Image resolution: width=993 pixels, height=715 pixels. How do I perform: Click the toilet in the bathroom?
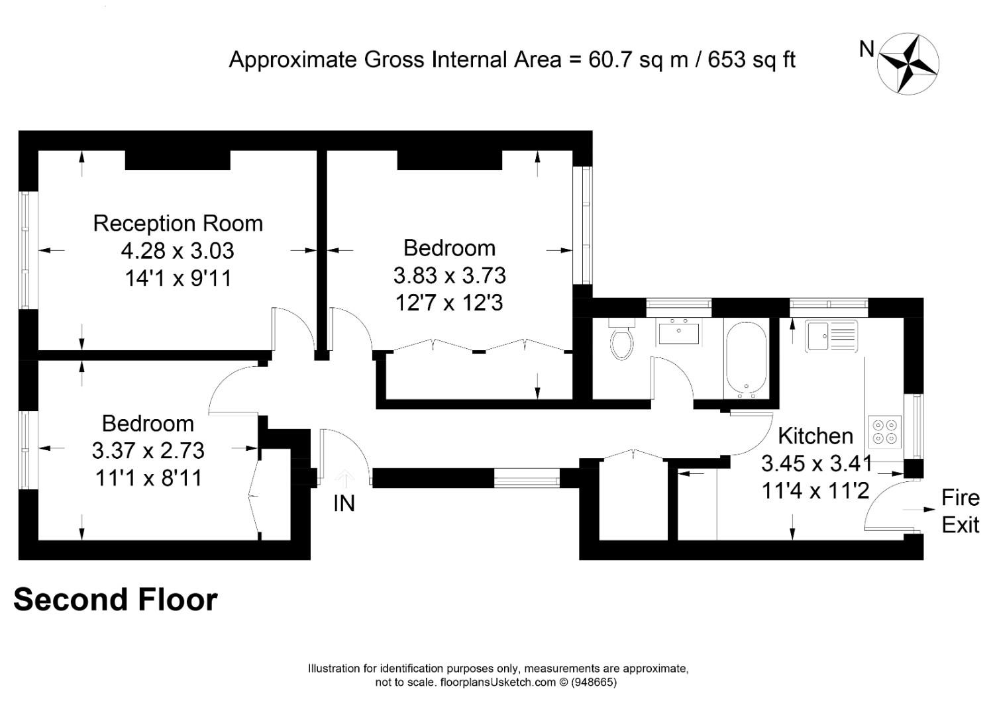[x=622, y=338]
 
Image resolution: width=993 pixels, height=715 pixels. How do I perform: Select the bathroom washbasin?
[x=678, y=331]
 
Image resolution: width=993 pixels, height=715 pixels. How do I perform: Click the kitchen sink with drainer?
[x=831, y=336]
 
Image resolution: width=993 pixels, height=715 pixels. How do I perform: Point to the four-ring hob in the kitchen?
[x=885, y=432]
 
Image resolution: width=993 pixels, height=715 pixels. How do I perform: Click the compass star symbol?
[x=908, y=64]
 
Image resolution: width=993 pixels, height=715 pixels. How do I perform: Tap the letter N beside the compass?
[x=866, y=49]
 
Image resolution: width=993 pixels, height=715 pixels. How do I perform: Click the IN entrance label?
[x=344, y=503]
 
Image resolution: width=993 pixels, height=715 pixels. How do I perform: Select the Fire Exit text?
[x=960, y=511]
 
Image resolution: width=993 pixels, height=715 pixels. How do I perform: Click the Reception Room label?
[x=178, y=223]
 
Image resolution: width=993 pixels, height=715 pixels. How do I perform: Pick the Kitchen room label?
[x=815, y=436]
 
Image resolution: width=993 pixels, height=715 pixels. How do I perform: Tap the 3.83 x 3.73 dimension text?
[x=450, y=275]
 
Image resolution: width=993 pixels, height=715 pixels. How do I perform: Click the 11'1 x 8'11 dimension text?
[x=148, y=478]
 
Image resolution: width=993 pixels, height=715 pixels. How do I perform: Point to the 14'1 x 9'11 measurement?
[x=178, y=278]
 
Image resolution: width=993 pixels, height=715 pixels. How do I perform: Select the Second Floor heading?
[x=116, y=599]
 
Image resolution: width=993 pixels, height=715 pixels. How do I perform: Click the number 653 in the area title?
[x=727, y=60]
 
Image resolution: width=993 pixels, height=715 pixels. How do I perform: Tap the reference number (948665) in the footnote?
[x=594, y=682]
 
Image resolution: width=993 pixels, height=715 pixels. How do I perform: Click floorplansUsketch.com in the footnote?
[x=498, y=682]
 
